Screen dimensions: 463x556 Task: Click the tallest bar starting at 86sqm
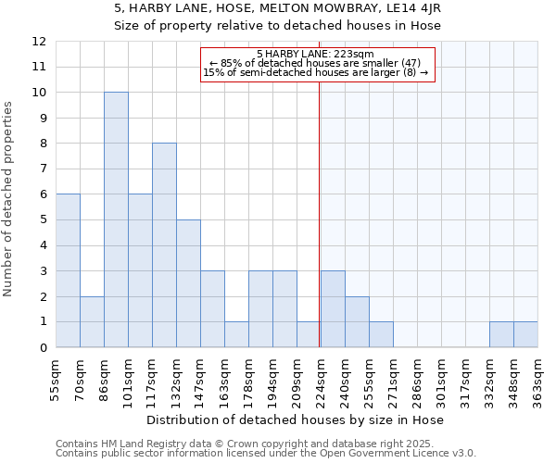tap(116, 219)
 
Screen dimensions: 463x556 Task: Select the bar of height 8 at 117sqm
tap(164, 245)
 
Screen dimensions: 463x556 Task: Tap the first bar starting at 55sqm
tap(68, 270)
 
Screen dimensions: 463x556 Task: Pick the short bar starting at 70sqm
tap(92, 322)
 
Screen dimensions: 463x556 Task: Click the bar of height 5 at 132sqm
tap(188, 283)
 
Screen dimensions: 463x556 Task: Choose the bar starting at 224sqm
tap(333, 309)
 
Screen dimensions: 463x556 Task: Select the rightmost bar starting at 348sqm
tap(525, 334)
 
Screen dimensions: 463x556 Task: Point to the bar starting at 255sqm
tap(381, 334)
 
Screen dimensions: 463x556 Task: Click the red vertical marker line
tap(319, 231)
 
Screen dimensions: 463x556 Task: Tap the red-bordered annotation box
tap(316, 64)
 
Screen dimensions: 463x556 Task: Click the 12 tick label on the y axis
tap(39, 42)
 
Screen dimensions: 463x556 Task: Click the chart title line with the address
tap(277, 9)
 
